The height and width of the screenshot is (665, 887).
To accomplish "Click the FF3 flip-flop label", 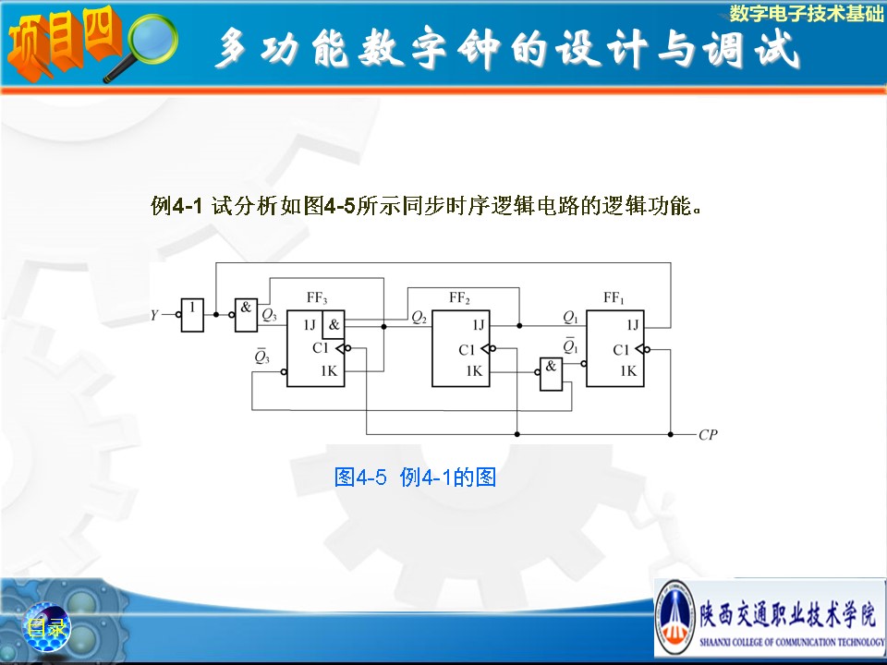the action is [x=317, y=297].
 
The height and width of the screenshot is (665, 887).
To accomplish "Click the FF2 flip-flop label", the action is [x=459, y=298].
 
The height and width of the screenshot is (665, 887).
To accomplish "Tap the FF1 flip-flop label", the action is [x=614, y=297].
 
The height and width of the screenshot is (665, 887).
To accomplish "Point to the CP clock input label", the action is [x=708, y=434].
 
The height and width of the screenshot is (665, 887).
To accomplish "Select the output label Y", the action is [x=154, y=315].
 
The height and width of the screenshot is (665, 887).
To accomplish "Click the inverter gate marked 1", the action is [x=192, y=315].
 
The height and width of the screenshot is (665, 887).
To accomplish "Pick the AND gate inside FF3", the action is [x=334, y=324].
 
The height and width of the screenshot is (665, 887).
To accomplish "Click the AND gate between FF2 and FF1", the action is [x=551, y=374].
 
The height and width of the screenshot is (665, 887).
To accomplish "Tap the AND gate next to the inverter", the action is [x=246, y=315].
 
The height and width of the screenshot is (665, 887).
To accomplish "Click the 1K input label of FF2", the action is [x=474, y=371].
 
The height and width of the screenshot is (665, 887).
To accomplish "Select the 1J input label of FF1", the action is [x=632, y=324].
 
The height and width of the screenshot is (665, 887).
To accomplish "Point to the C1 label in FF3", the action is [x=321, y=348].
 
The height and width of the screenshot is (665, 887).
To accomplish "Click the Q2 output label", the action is [x=419, y=318].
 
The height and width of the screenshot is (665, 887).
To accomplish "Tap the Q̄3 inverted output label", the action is [x=261, y=357].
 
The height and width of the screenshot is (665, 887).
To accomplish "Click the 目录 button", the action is [x=47, y=627].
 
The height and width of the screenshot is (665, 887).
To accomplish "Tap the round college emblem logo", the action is [x=674, y=618].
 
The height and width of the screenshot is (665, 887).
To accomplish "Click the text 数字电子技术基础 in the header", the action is [x=806, y=13].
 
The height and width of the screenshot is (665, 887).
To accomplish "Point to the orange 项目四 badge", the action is [x=64, y=43].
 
